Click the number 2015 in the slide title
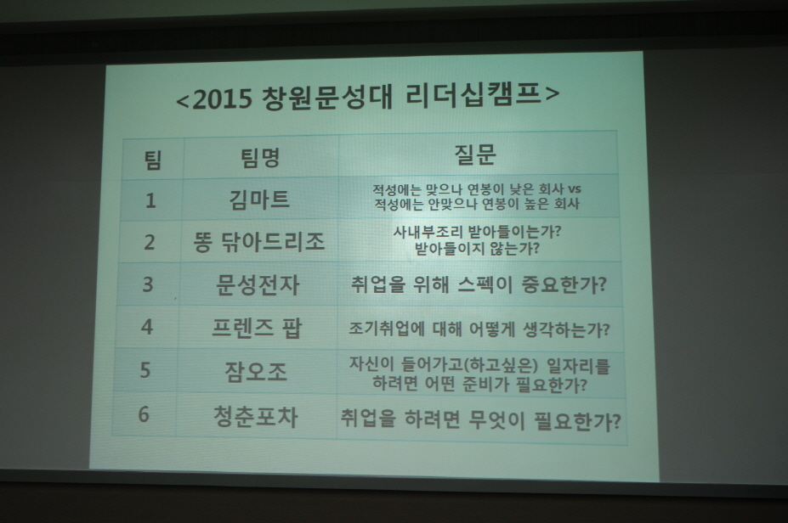222,98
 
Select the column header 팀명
260,158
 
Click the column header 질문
475,155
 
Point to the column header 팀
153,160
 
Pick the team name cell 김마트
259,200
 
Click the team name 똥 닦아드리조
258,242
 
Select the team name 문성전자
258,284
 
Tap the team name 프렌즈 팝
257,329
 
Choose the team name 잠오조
256,372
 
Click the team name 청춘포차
255,417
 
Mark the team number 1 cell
150,200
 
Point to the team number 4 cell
147,327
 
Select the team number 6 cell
144,414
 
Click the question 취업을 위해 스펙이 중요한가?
479,284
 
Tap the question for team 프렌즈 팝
479,329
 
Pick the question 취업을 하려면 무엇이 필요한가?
480,419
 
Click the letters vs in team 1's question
574,189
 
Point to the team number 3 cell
148,284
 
